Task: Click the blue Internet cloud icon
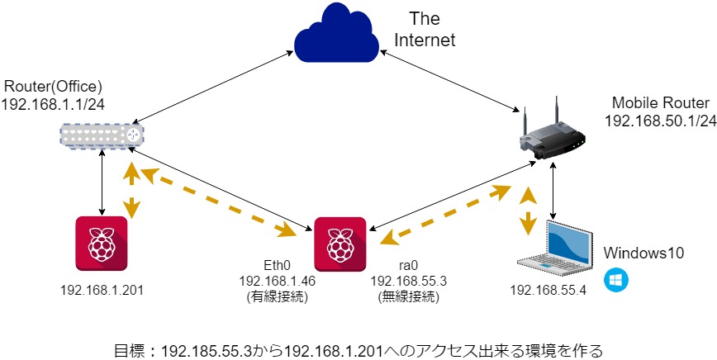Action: tap(336, 33)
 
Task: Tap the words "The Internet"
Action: tap(425, 29)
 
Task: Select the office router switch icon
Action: tap(102, 135)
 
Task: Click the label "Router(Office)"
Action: tap(53, 86)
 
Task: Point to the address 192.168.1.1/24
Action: tap(53, 104)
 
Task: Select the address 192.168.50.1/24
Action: tap(660, 121)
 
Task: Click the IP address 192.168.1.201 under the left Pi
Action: tap(102, 290)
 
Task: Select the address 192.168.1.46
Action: tap(278, 281)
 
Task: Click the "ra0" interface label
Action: tap(408, 264)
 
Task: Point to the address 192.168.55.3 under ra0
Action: tap(408, 281)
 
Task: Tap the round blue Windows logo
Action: tap(616, 280)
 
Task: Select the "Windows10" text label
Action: tap(643, 253)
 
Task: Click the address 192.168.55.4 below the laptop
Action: tap(548, 290)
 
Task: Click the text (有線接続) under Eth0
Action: tap(278, 297)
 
